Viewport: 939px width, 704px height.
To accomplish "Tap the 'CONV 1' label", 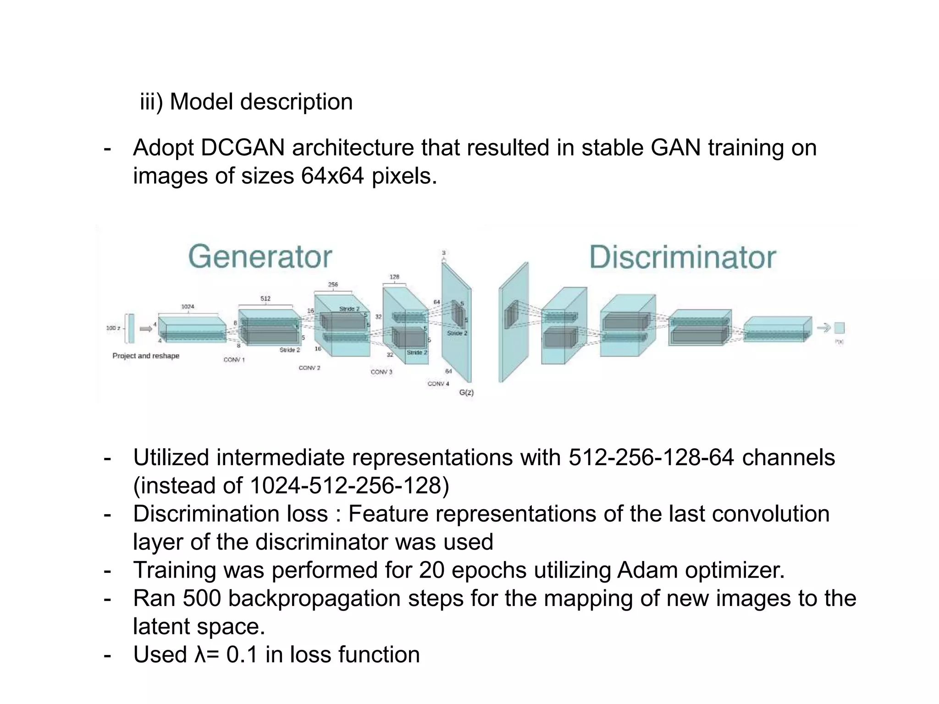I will (234, 360).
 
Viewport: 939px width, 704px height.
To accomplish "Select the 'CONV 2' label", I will (309, 368).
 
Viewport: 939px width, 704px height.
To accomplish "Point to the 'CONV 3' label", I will (381, 372).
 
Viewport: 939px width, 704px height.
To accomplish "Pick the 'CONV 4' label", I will (438, 384).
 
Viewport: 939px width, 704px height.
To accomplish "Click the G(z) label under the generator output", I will (466, 392).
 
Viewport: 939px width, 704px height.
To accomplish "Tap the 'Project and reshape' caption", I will (146, 356).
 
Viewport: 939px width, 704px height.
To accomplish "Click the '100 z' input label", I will (113, 328).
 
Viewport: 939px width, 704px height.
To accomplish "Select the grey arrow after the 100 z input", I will (146, 328).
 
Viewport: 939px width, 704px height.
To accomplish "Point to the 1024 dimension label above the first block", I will (188, 307).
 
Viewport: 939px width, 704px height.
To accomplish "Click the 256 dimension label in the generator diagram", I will (333, 285).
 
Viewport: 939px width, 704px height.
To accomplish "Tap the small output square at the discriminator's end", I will (839, 328).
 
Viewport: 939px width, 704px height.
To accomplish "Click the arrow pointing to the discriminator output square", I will (824, 328).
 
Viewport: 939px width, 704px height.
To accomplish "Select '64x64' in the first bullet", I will (332, 176).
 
